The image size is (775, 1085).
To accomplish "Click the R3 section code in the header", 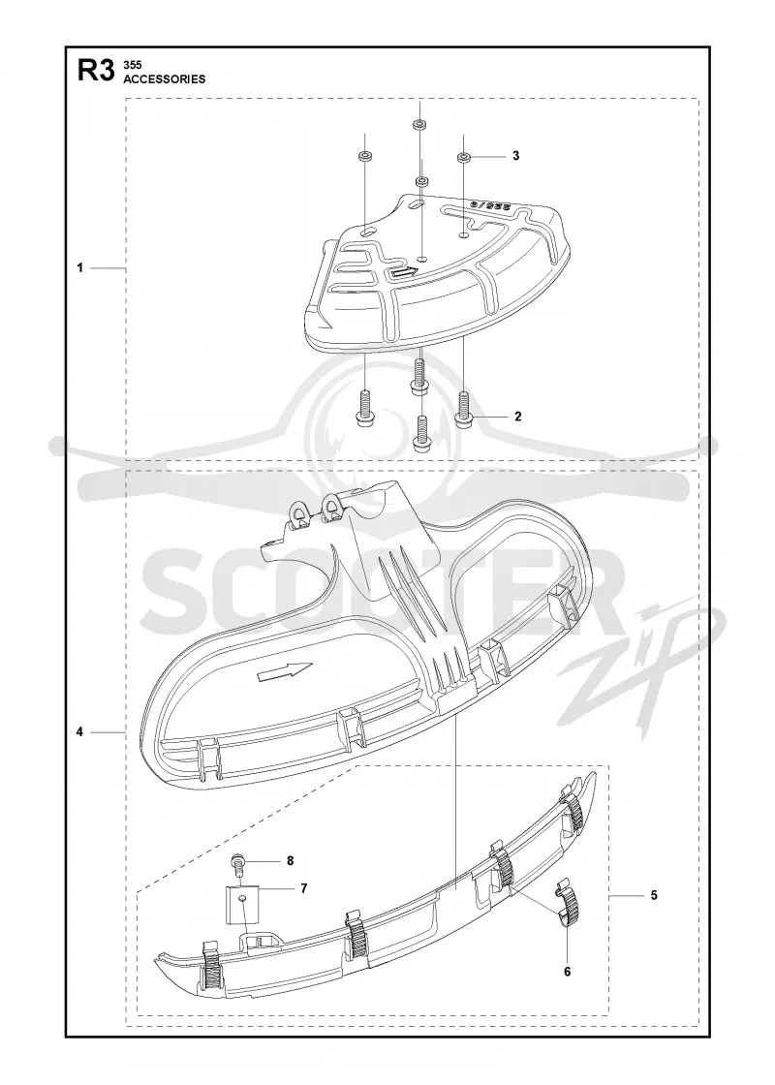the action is tap(95, 72).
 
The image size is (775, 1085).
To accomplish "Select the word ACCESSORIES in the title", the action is tap(164, 78).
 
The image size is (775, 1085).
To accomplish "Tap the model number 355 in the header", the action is tap(132, 64).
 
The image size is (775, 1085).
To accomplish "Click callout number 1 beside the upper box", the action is tap(80, 267).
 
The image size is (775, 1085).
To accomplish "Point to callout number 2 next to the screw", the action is tap(517, 417).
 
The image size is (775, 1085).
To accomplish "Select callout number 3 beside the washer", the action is tap(515, 156).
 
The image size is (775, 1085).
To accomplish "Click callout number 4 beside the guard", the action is tap(80, 731).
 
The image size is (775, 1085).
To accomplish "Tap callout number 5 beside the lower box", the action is tap(654, 895).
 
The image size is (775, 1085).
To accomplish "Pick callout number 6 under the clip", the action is tap(568, 972).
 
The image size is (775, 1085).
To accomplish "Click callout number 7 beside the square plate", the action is tap(303, 888).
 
